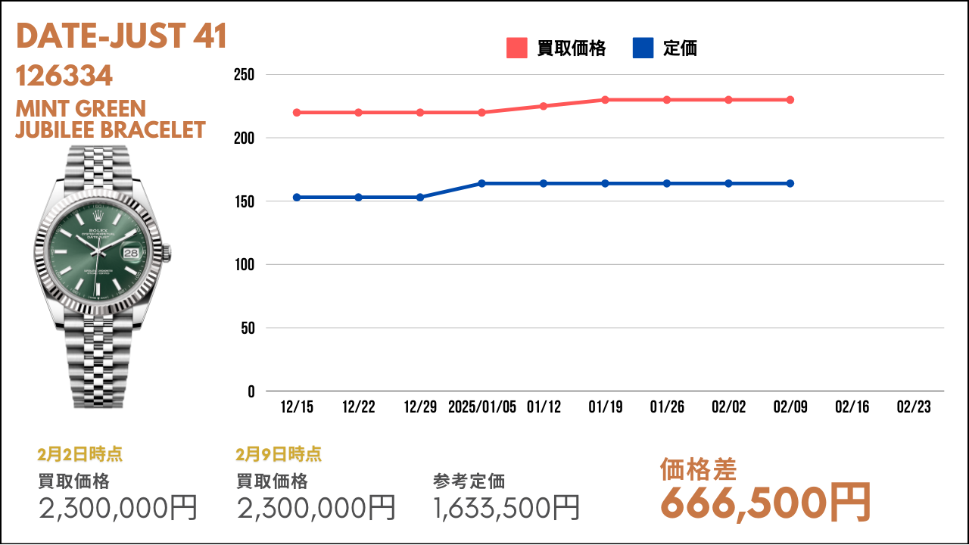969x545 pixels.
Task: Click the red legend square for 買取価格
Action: coord(516,48)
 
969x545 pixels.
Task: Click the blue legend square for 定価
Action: coord(643,48)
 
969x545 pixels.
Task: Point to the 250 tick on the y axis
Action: coord(244,75)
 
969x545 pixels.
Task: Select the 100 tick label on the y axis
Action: coord(245,265)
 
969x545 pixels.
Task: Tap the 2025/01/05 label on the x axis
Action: coord(482,407)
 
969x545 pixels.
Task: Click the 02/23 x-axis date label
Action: coord(914,407)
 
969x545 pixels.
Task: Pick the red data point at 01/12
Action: coord(544,106)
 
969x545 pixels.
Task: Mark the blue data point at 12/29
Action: coord(419,198)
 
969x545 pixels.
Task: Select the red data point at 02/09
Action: coord(790,100)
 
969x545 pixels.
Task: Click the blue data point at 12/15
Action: coord(297,198)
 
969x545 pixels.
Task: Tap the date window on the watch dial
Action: coord(131,253)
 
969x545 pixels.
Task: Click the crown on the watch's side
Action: coord(167,254)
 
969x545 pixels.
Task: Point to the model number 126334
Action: coord(64,76)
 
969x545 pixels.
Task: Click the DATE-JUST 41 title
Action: coord(122,36)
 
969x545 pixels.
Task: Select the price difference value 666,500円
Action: coord(765,503)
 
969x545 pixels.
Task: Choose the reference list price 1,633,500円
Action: coord(506,508)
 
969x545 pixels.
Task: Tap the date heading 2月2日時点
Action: coord(80,454)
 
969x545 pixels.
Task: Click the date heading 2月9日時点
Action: coord(279,454)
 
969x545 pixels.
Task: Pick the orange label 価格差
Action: coord(698,470)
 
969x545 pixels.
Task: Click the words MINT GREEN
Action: coord(81,109)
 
